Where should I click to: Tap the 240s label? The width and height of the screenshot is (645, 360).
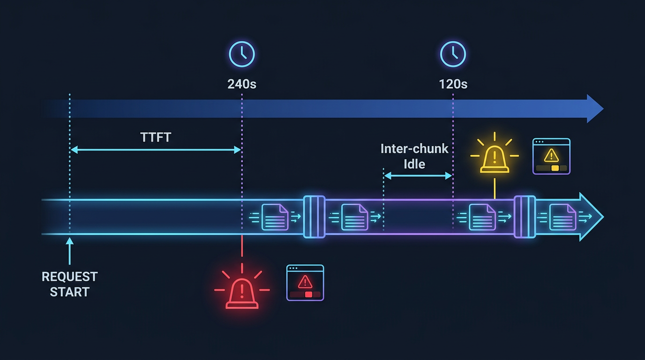click(242, 84)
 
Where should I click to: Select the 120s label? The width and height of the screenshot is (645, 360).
click(453, 84)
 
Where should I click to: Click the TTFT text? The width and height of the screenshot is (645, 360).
click(156, 137)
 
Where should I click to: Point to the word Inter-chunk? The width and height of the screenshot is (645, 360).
click(414, 149)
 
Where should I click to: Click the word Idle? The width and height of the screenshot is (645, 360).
click(414, 164)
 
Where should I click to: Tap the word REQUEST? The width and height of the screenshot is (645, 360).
click(70, 277)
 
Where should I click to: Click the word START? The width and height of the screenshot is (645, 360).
click(70, 292)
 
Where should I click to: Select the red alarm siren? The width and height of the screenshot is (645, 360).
click(242, 294)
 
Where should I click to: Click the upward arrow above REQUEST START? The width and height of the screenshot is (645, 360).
click(70, 251)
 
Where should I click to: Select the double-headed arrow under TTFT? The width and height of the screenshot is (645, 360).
click(156, 150)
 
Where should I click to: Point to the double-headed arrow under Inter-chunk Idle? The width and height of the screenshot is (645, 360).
click(418, 176)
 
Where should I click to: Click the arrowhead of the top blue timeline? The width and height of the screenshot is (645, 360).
click(595, 109)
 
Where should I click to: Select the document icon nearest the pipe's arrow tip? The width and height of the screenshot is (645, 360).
click(562, 217)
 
